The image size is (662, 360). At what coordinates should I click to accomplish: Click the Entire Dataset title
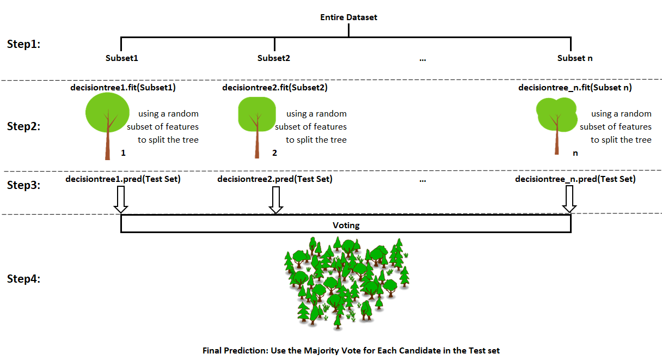point(348,17)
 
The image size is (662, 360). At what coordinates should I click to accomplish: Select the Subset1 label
point(121,58)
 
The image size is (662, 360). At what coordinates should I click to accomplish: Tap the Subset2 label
point(274,58)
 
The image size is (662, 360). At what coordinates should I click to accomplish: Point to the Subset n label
point(575,58)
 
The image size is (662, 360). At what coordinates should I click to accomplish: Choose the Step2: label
point(24,126)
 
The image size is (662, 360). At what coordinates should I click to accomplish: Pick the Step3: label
point(24,185)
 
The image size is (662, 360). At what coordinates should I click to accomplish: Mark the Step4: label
point(24,279)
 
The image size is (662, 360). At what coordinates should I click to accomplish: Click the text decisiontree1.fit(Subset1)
point(124,87)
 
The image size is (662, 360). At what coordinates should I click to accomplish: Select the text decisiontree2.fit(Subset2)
point(275,87)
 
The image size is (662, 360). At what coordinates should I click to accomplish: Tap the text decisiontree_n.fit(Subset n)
point(575,87)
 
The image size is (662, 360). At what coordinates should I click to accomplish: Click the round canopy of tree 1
point(107,112)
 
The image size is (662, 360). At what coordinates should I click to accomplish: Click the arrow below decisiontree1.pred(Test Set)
point(120,199)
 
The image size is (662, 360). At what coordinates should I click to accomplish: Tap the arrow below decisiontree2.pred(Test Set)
point(276,199)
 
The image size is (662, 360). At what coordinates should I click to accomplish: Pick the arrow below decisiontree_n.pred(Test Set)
point(569,199)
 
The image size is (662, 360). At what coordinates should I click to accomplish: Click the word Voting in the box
point(346,224)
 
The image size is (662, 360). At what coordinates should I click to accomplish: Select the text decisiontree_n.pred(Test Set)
point(575,179)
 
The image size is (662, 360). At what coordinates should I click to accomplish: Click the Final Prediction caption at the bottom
point(351,351)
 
